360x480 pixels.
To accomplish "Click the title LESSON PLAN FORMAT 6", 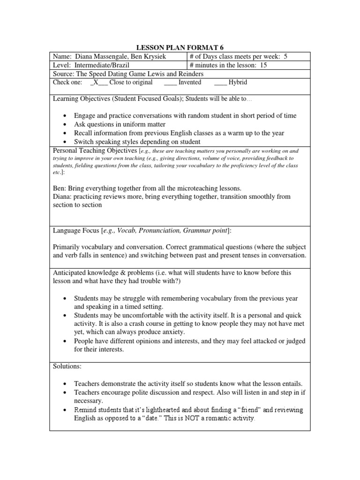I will coord(180,47).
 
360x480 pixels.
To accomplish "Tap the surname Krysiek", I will coord(163,57).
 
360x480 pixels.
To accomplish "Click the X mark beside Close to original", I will coord(95,82).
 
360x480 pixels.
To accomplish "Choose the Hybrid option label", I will coord(238,82).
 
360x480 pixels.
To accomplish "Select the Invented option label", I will coord(190,82).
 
